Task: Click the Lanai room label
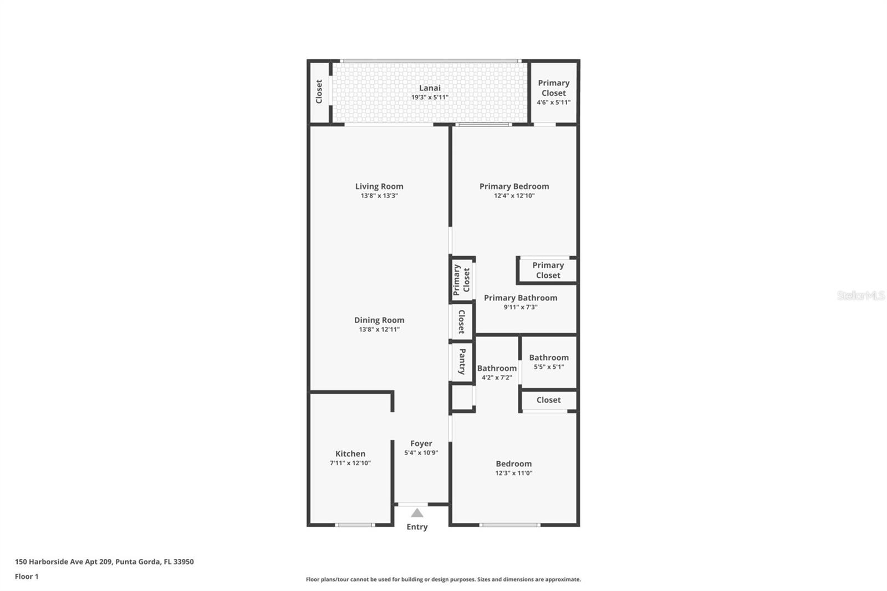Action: tap(430, 88)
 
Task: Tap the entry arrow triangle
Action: tap(417, 513)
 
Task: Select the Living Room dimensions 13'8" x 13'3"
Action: tap(379, 196)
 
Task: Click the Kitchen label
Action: tap(350, 454)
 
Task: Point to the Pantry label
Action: tap(462, 361)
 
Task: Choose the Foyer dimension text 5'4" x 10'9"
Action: tap(421, 452)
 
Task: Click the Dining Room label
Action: tap(379, 320)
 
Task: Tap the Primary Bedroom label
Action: tap(514, 186)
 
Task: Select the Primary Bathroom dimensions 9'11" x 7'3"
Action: tap(520, 307)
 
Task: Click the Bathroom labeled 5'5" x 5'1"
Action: tap(548, 358)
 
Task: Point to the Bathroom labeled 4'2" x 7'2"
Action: tap(497, 368)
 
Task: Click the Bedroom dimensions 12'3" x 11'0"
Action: tap(513, 473)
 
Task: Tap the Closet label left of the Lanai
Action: tap(319, 91)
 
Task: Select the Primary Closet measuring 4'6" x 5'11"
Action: tap(553, 88)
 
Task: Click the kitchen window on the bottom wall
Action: tap(355, 524)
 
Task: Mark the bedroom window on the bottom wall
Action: tap(509, 524)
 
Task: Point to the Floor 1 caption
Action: tap(27, 577)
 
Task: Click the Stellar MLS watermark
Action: tap(860, 295)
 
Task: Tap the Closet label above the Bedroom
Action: tap(548, 400)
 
